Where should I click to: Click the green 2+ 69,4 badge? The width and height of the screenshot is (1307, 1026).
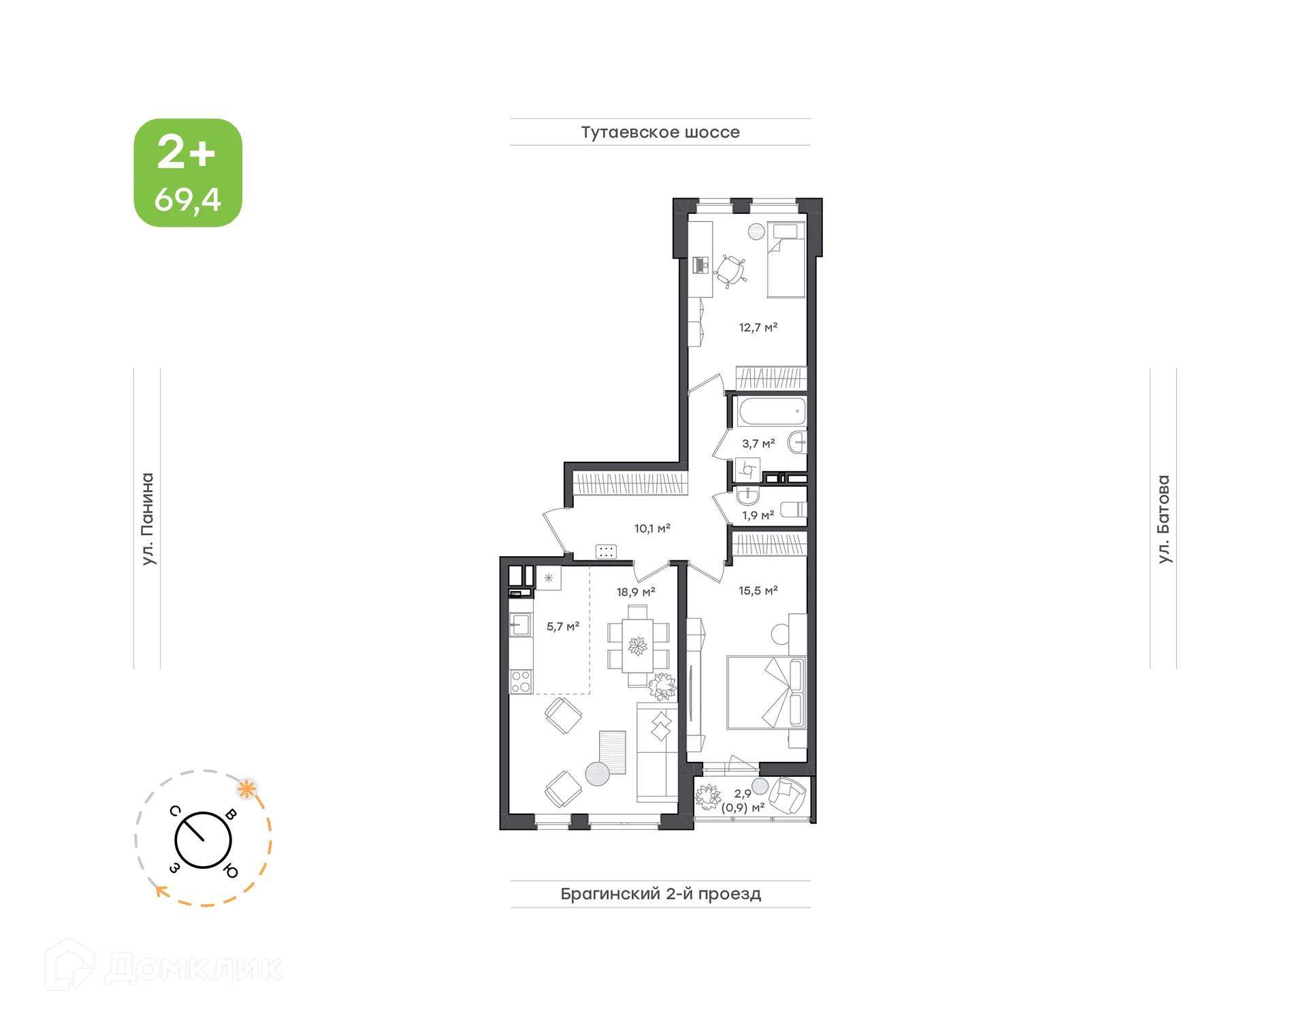tap(188, 173)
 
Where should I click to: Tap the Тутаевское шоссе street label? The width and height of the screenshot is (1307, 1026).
tap(660, 132)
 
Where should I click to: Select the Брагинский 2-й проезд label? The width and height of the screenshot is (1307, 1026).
tap(660, 893)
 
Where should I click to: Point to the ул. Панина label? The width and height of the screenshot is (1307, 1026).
tap(147, 519)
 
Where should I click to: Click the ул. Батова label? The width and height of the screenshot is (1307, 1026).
tap(1163, 519)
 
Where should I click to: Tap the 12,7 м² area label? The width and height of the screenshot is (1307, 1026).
tap(758, 327)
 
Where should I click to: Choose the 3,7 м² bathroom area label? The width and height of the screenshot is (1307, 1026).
tap(758, 444)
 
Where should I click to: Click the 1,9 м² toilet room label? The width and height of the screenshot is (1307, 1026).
tap(758, 515)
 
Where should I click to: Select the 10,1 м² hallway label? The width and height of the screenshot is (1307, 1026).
tap(652, 528)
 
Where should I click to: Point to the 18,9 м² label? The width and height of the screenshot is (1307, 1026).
tap(636, 592)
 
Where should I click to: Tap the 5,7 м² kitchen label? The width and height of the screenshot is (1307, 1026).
tap(562, 626)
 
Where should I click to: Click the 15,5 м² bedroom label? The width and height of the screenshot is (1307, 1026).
tap(758, 591)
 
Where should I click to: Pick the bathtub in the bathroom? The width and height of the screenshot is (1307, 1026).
tap(771, 412)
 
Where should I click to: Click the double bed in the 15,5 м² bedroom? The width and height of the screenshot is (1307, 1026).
tap(766, 692)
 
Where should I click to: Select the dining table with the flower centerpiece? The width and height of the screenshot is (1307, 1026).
tap(638, 645)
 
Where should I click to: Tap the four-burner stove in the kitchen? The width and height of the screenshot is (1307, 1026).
tap(521, 682)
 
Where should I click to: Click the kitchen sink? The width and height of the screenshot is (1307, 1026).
tap(521, 624)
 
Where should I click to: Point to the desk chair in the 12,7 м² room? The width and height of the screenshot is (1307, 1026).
tap(730, 270)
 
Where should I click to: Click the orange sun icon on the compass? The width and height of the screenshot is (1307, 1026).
tap(246, 790)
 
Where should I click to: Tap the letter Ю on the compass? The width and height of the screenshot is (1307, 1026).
tap(231, 871)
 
